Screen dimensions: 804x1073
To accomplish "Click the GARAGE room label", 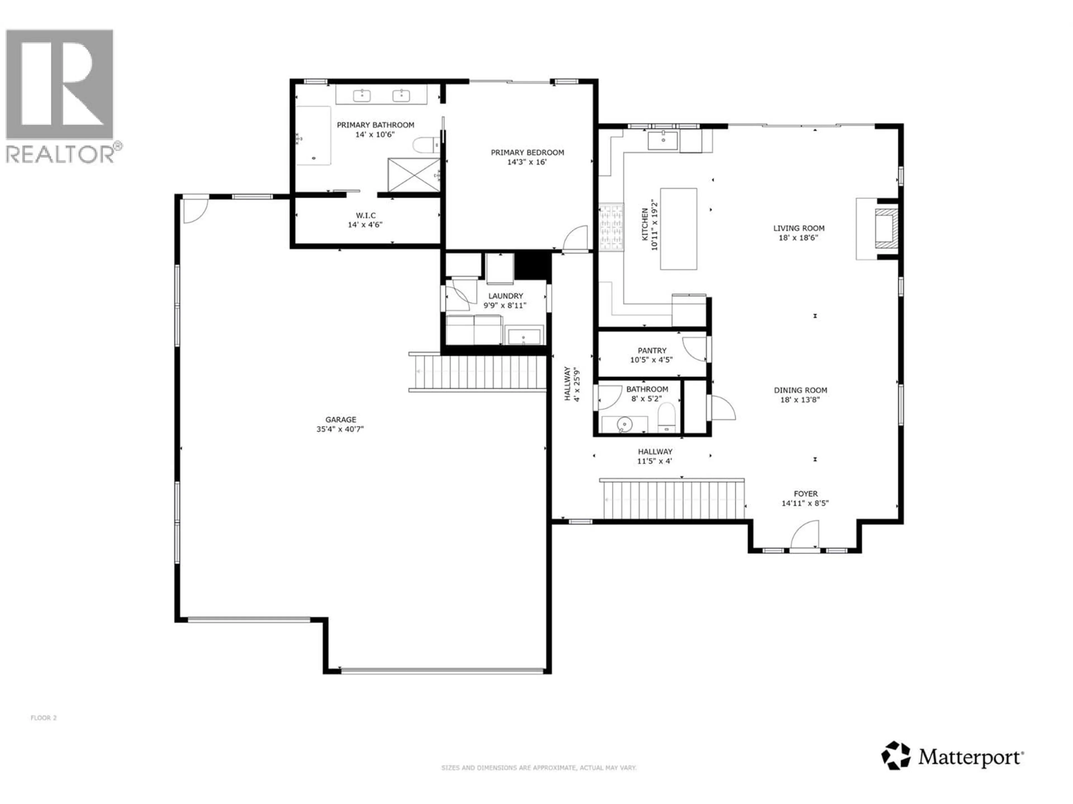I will pyautogui.click(x=341, y=420).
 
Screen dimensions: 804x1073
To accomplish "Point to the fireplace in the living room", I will pyautogui.click(x=885, y=228).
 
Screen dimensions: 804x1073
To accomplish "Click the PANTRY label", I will pyautogui.click(x=652, y=350).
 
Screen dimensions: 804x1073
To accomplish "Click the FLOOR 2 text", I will pyautogui.click(x=44, y=718).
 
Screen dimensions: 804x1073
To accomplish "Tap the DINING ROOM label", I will pyautogui.click(x=800, y=390).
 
